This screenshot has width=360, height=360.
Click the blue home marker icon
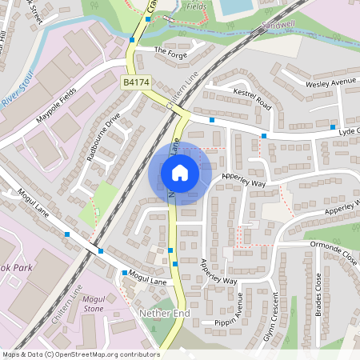(180, 173)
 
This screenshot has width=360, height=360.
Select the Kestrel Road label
(253, 100)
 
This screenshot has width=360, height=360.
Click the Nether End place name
(164, 313)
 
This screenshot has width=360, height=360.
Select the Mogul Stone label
(94, 303)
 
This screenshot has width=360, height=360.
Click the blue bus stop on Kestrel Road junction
(212, 120)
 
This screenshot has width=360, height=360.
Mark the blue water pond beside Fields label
(234, 7)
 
